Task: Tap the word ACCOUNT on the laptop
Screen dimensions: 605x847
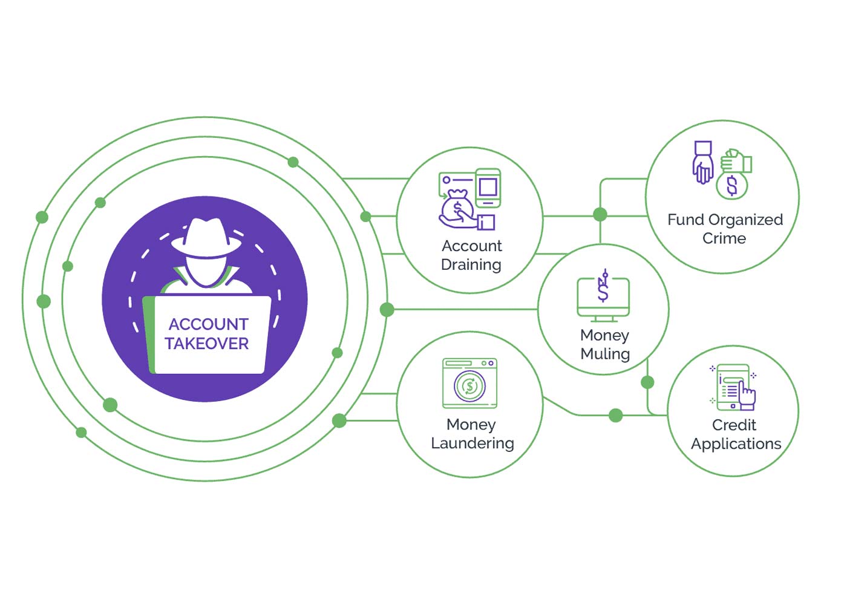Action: (x=208, y=324)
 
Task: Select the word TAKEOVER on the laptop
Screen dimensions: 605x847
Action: (x=207, y=344)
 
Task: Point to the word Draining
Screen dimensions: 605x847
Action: (x=471, y=265)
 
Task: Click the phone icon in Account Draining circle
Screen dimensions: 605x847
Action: (x=488, y=187)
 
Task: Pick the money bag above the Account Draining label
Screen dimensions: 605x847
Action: (x=457, y=208)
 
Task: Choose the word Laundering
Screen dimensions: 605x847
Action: (x=472, y=443)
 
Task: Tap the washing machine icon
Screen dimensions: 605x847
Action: (x=469, y=384)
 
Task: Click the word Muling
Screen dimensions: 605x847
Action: (x=605, y=354)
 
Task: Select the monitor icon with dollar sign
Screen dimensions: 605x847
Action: (x=603, y=296)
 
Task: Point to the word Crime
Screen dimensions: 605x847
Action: (x=724, y=238)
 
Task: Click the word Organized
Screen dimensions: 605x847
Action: (x=745, y=220)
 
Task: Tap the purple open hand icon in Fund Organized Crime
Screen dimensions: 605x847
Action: (x=702, y=163)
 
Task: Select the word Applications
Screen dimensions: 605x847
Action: (x=736, y=444)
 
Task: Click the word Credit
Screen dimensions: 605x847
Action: (x=734, y=425)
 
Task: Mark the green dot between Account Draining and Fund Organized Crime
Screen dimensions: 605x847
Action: (x=600, y=214)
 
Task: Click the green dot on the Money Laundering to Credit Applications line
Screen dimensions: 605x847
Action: (x=616, y=415)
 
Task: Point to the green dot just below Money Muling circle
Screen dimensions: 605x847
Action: (x=647, y=382)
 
